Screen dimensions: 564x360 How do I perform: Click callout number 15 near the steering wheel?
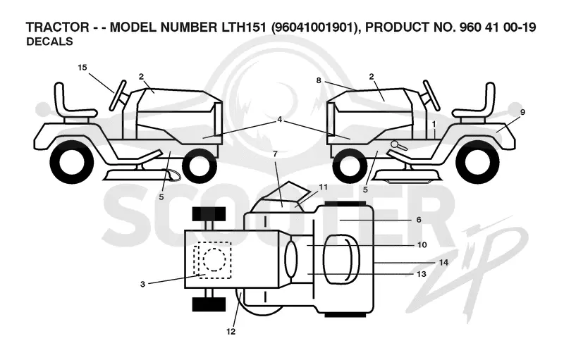coord(82,67)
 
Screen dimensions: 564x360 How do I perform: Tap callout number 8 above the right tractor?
coord(319,80)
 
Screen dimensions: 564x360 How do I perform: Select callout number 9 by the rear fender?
coord(522,112)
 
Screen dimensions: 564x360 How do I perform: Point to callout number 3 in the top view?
coord(143,284)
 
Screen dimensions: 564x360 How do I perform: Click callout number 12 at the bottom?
coord(231,332)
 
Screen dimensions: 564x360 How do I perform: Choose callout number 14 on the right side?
coord(444,263)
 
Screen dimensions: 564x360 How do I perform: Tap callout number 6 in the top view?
coord(419,220)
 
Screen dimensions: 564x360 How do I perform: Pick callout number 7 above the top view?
coord(275,154)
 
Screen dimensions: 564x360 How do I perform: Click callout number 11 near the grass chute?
coord(323,187)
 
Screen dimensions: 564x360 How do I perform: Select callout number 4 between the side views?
coord(280,120)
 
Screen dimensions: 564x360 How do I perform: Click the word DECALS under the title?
coord(49,42)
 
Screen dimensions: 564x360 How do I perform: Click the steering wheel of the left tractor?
coord(118,95)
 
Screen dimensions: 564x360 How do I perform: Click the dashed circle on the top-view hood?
coord(214,259)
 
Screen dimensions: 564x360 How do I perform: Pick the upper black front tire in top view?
coord(209,214)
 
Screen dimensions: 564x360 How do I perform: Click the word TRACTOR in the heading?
coord(58,27)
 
